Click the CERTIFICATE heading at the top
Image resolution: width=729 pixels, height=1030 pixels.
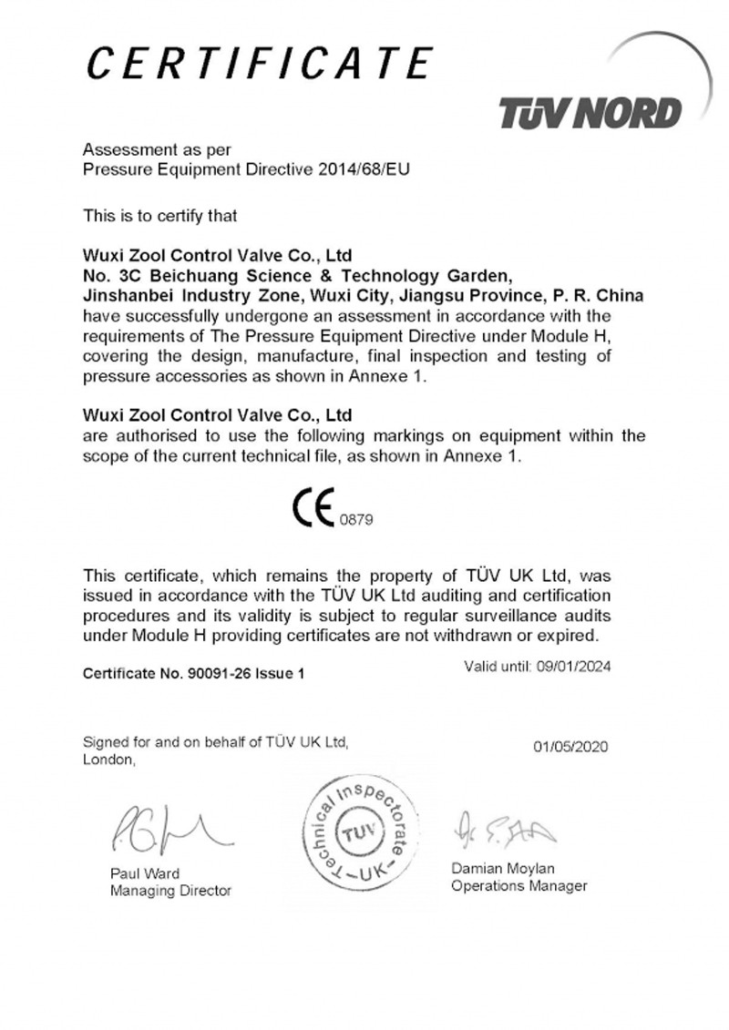(258, 64)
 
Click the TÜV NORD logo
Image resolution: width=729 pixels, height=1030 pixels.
(590, 113)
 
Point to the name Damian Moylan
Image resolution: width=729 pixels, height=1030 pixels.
(503, 869)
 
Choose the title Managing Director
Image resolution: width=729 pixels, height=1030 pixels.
(171, 891)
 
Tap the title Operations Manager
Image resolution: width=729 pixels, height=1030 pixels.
(519, 886)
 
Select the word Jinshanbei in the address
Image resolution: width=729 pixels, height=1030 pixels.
(128, 297)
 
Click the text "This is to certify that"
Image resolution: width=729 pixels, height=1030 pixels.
(160, 216)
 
